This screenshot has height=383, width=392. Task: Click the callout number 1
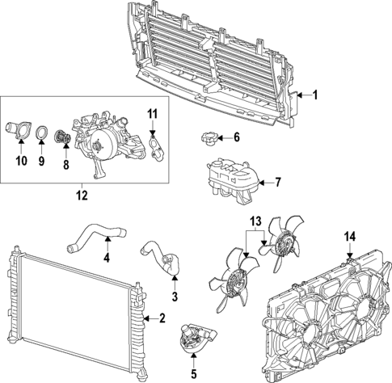tap(315, 95)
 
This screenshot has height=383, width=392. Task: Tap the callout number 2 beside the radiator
tap(162, 319)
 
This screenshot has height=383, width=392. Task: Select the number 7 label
tap(277, 182)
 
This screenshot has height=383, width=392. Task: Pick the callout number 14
tap(349, 238)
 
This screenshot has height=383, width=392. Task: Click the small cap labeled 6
tap(207, 139)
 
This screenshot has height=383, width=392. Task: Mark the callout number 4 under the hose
tap(106, 259)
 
